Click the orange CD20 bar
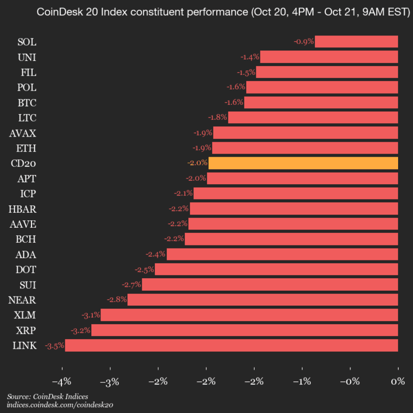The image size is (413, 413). [303, 163]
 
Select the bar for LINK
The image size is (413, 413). [231, 345]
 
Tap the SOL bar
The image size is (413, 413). [356, 41]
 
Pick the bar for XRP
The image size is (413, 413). [244, 330]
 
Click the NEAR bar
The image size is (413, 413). [263, 299]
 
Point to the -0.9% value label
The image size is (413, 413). [303, 41]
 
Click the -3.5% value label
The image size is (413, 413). [54, 345]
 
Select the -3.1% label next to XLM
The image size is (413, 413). [89, 315]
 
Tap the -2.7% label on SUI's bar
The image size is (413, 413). [131, 285]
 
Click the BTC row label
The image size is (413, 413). [27, 103]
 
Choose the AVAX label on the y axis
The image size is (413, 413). [23, 133]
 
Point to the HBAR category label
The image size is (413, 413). [22, 208]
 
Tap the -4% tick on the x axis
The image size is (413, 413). [61, 381]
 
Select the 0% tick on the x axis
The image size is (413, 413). [398, 381]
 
